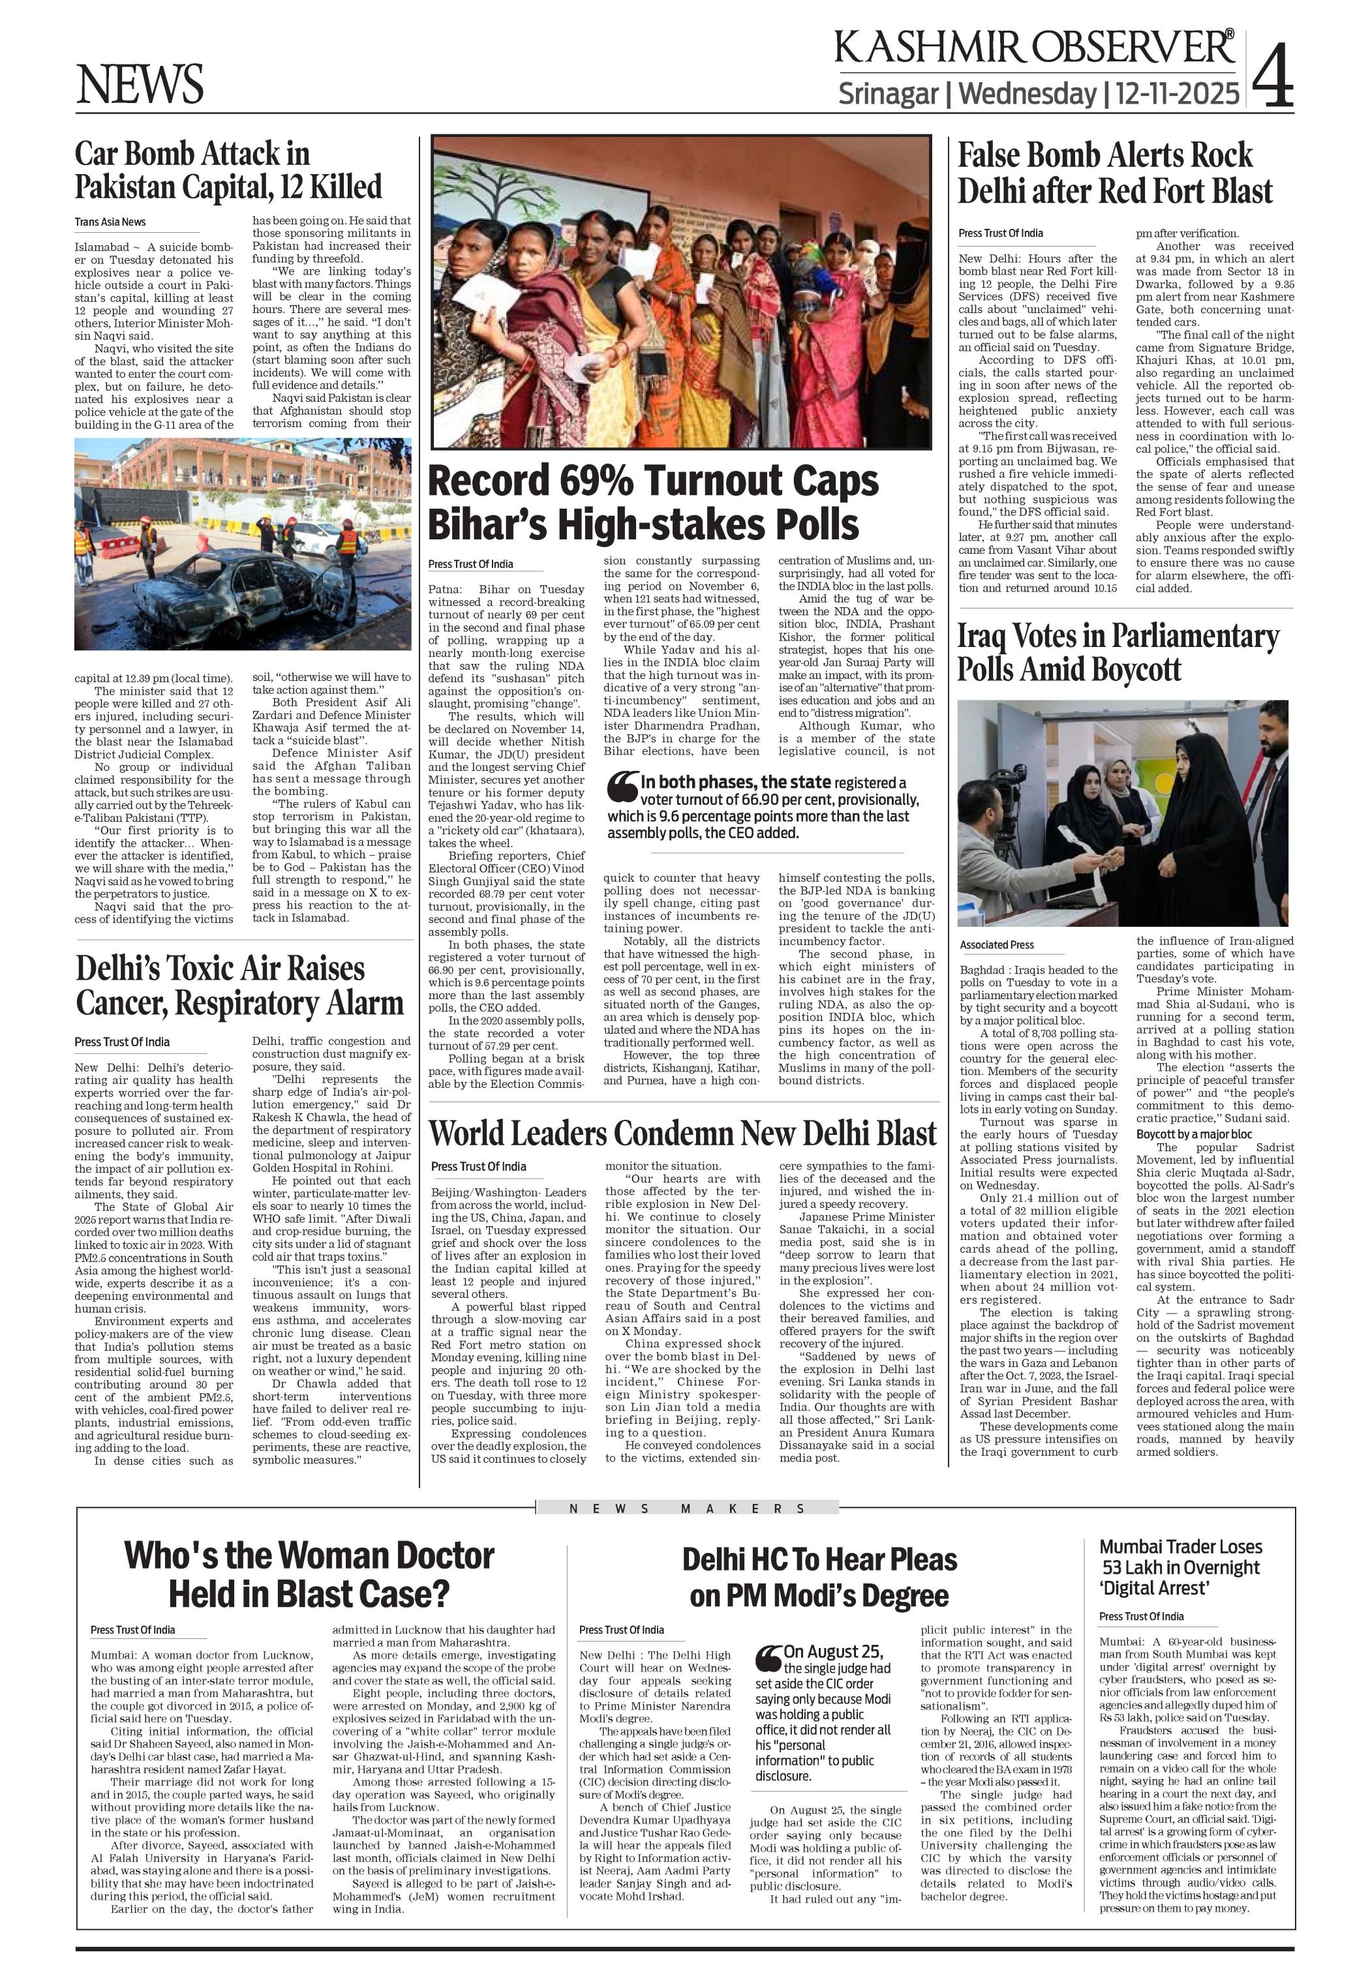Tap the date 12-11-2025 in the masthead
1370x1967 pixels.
coord(1176,93)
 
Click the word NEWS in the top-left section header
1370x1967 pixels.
coord(140,84)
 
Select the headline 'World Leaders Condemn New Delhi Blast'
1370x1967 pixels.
coord(682,1133)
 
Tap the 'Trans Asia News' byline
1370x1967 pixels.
coord(110,222)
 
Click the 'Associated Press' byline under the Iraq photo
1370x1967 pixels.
coord(996,945)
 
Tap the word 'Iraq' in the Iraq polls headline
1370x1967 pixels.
coord(982,637)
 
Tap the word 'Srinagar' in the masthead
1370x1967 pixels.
coord(888,93)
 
